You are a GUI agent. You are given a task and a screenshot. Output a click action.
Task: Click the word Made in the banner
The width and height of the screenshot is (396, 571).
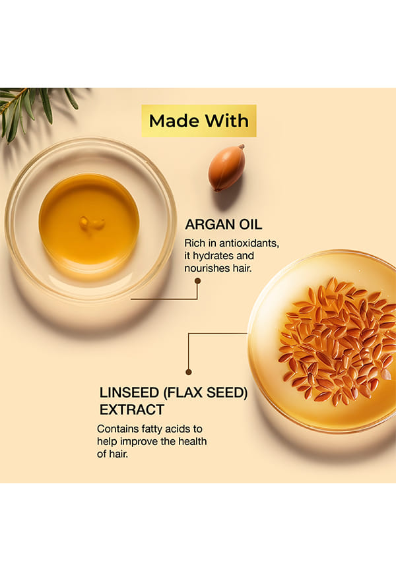click(174, 121)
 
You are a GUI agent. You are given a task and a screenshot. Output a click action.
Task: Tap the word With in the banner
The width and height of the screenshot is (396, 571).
click(226, 121)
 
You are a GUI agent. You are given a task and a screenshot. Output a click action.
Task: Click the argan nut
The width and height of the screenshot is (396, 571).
click(226, 167)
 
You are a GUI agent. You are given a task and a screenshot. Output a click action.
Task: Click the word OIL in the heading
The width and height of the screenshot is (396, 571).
click(250, 224)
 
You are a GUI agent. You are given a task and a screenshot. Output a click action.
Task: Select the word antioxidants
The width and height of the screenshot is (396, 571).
click(249, 243)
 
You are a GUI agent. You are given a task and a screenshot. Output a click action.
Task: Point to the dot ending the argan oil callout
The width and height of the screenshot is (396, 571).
click(197, 281)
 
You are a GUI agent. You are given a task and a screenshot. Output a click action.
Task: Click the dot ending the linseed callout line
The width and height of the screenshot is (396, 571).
click(189, 372)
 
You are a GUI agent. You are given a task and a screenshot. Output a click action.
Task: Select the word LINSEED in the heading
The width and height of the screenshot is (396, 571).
click(129, 392)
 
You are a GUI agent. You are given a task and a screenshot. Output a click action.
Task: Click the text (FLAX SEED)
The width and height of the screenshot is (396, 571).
click(206, 392)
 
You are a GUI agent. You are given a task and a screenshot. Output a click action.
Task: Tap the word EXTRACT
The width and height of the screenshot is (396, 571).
click(132, 409)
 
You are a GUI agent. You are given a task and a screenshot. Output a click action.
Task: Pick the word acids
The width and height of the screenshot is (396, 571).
click(178, 429)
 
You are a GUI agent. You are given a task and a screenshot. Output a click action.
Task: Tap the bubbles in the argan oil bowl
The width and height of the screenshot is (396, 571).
click(92, 222)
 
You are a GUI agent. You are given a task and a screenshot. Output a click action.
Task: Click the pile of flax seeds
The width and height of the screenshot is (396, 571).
click(336, 342)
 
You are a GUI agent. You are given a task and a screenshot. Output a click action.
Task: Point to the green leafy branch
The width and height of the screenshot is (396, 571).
click(33, 109)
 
